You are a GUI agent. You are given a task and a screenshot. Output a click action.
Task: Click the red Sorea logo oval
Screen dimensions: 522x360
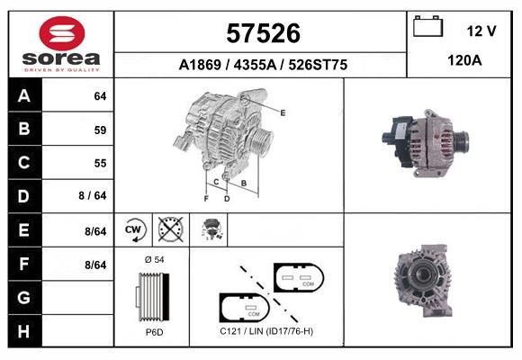pos(62,33)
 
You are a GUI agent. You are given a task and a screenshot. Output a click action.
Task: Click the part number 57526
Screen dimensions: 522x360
pos(263,33)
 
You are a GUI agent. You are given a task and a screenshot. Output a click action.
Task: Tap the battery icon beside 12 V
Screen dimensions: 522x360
pos(427,26)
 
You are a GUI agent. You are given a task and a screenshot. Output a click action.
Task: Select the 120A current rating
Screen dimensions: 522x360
pos(464,60)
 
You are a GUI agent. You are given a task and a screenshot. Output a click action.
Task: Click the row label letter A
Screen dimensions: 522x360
pos(24,96)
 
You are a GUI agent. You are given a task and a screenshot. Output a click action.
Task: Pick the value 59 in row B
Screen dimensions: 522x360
pos(100,130)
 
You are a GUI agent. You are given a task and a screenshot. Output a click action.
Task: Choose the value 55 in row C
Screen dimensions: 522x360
pos(100,163)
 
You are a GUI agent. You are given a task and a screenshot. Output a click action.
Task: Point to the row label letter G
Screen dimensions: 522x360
pos(24,297)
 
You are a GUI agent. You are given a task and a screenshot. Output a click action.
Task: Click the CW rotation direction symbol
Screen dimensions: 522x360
pos(133,229)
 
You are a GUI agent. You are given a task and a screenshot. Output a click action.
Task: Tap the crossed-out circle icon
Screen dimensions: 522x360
pos(171,229)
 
